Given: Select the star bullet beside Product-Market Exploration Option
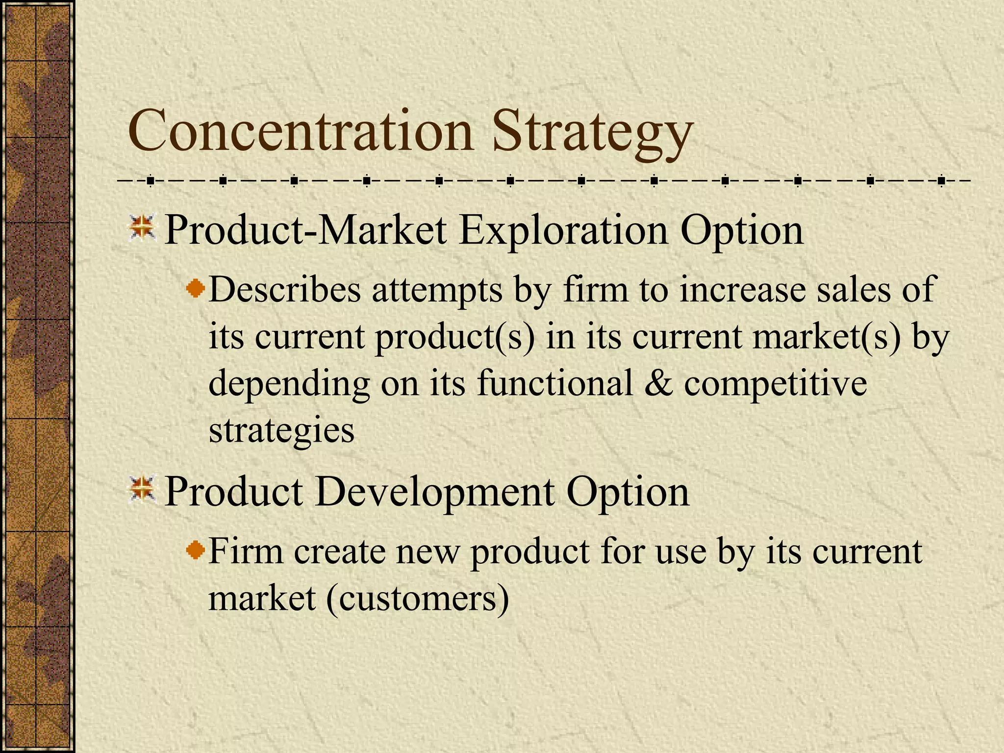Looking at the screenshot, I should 142,228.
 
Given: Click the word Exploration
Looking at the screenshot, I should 563,230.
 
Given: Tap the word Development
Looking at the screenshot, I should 434,492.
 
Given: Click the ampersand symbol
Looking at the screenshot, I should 658,383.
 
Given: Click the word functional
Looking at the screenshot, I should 554,383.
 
